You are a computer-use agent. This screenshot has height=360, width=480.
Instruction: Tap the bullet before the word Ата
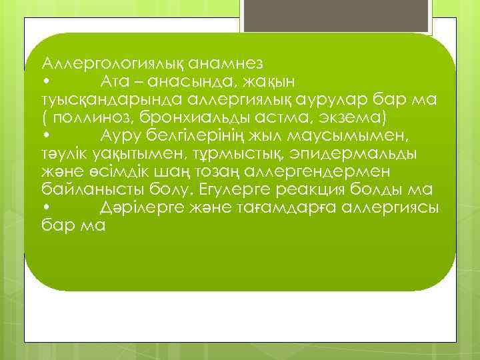[45, 82]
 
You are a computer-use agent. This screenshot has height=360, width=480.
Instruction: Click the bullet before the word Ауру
[45, 136]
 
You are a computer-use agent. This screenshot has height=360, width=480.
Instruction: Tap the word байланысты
[87, 190]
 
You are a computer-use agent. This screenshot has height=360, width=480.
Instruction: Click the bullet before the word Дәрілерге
[45, 208]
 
